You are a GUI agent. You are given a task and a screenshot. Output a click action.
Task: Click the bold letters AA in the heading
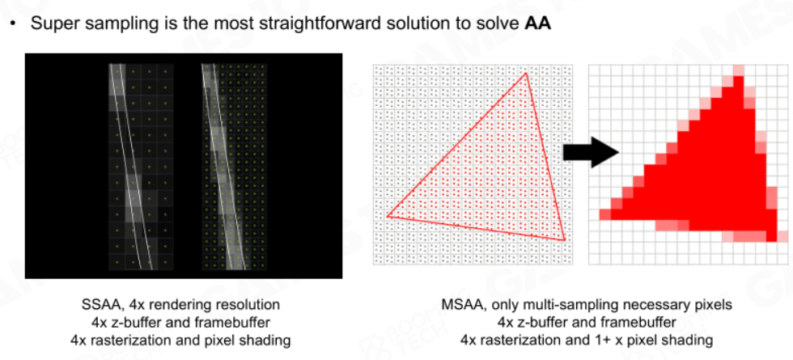pos(537,23)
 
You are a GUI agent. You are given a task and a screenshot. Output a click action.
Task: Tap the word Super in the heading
pos(50,23)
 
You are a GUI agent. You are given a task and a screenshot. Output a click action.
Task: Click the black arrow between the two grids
pos(592,151)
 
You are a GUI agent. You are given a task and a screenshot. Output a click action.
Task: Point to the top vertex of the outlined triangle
pos(526,74)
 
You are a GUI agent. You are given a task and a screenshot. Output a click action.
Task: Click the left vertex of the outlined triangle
pos(388,217)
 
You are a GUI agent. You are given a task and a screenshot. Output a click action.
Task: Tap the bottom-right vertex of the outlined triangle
pos(564,240)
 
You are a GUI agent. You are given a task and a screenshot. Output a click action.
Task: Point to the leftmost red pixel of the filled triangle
pos(605,214)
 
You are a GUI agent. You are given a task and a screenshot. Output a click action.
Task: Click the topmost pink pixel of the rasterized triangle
pos(739,70)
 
